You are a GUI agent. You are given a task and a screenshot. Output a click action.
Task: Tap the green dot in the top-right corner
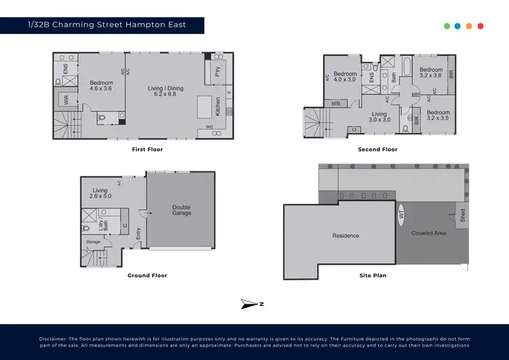tap(447, 26)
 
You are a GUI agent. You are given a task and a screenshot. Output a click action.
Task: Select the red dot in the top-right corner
tap(480, 26)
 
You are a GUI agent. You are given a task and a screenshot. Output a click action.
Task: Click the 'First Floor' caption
tap(147, 149)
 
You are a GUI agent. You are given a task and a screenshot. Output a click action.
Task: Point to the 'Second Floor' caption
tap(377, 149)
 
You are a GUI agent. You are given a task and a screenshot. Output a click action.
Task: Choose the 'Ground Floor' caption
tap(147, 275)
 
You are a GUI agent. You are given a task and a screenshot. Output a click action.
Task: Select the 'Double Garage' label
tap(181, 210)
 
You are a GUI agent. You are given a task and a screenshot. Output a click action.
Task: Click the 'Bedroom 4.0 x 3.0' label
tap(345, 77)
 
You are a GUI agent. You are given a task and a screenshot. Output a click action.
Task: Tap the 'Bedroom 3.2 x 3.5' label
tap(438, 115)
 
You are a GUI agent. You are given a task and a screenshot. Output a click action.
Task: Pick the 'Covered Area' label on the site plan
tap(428, 233)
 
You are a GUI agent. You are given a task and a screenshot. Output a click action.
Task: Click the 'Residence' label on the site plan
tap(345, 236)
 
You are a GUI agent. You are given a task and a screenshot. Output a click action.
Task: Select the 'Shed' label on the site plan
tap(463, 215)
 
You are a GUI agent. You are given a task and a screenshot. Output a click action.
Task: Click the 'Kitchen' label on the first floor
tap(218, 105)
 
